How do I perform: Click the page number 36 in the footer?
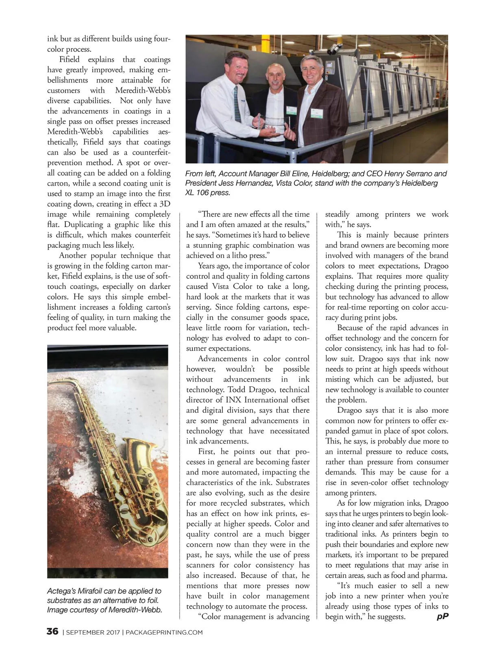click(52, 632)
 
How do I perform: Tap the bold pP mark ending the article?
click(442, 616)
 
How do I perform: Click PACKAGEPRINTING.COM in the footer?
click(164, 632)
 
